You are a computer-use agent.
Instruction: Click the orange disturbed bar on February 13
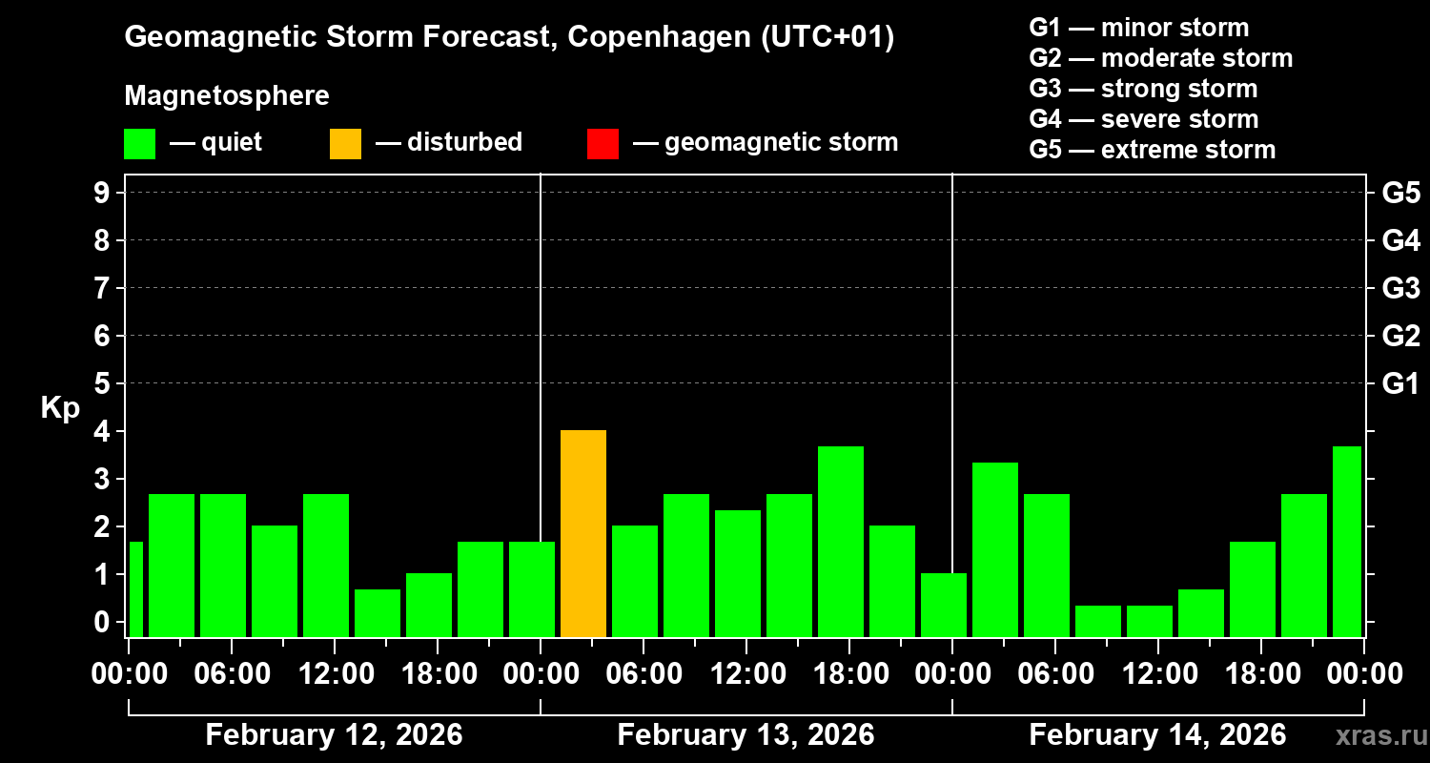tap(583, 533)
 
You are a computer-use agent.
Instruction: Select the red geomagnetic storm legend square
tap(603, 144)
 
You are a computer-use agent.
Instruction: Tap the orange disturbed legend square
tap(345, 144)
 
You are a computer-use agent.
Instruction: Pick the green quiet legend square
tap(139, 144)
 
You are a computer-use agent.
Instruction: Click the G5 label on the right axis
tap(1400, 193)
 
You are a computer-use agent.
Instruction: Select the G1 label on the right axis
tap(1400, 384)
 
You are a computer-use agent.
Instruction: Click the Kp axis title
tap(60, 408)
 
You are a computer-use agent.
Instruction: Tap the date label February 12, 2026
tap(334, 735)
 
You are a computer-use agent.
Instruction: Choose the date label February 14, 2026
tap(1157, 735)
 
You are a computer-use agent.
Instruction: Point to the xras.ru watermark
tap(1375, 735)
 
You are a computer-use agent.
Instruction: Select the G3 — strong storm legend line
tap(1143, 89)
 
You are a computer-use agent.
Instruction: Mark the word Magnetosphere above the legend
tap(227, 96)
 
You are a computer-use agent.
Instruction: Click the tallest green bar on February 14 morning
tap(995, 548)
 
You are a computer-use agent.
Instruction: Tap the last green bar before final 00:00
tap(1346, 541)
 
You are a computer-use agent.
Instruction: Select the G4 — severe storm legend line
tap(1144, 119)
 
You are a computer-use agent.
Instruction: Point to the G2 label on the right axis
tap(1400, 336)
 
